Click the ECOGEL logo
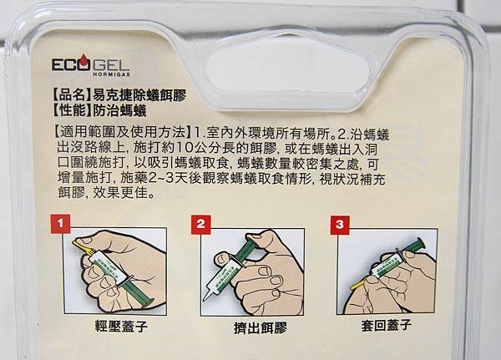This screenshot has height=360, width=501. click(x=91, y=64)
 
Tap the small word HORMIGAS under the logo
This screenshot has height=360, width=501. click(x=112, y=74)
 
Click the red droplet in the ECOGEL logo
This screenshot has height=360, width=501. click(x=83, y=62)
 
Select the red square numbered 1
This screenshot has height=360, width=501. click(x=60, y=223)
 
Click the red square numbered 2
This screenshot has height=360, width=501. click(x=200, y=225)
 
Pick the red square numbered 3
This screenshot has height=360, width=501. click(x=340, y=225)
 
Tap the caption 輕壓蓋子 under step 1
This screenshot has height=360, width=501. click(x=121, y=326)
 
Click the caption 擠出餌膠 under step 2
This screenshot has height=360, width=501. click(x=261, y=327)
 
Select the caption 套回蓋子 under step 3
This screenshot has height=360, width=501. click(x=386, y=325)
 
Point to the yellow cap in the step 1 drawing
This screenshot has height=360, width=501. click(x=82, y=247)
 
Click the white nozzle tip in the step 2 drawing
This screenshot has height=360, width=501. click(x=208, y=292)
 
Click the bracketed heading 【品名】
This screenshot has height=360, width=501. click(x=69, y=95)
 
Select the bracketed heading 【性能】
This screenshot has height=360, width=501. click(x=69, y=110)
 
